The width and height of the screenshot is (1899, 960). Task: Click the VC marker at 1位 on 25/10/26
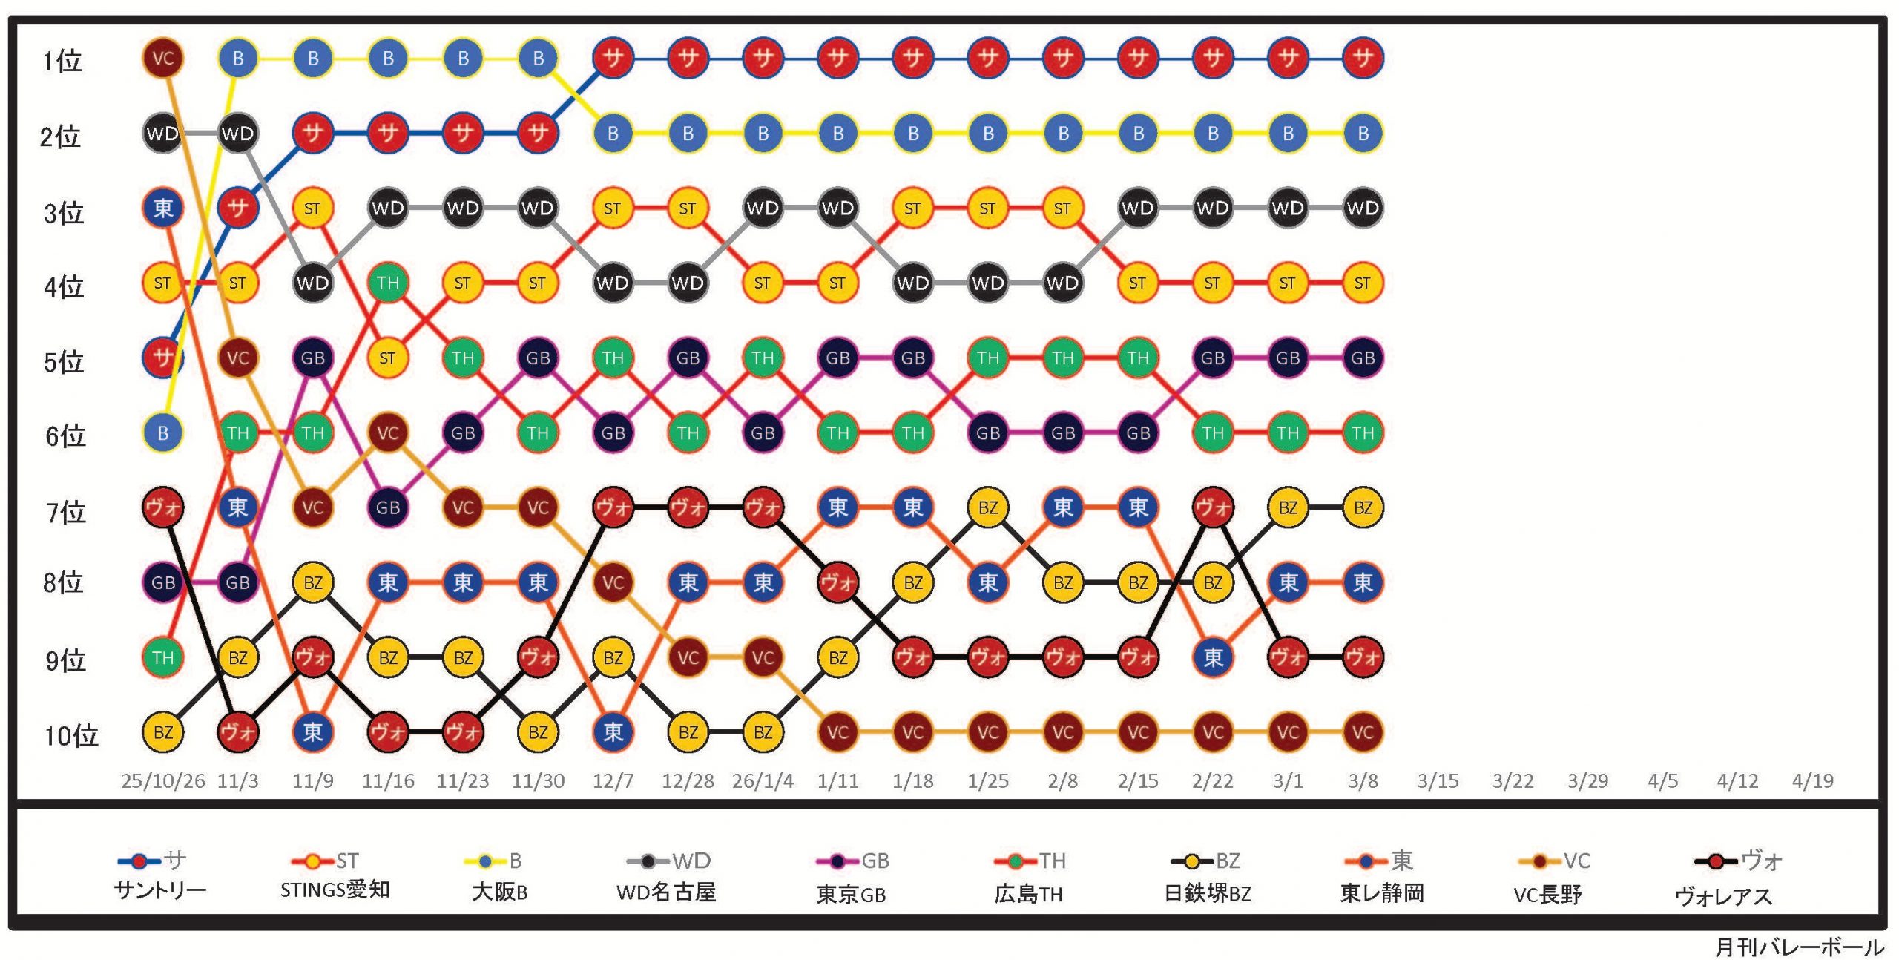[162, 58]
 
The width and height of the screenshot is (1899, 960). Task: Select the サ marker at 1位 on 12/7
[613, 58]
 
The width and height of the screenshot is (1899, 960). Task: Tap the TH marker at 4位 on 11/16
[388, 283]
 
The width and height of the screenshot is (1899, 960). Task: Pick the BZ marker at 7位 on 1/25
[988, 507]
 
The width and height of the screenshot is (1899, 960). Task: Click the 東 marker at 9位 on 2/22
[1213, 657]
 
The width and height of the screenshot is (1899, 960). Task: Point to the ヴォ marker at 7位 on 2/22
[1213, 507]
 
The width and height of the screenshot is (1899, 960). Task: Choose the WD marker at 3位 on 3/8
[1363, 208]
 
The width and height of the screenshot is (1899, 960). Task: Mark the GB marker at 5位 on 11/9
[313, 358]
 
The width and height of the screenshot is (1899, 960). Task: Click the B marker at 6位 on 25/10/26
[162, 433]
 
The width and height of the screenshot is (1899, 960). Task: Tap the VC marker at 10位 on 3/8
[1363, 732]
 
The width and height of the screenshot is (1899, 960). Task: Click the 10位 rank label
[71, 735]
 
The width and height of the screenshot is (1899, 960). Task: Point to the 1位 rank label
[62, 61]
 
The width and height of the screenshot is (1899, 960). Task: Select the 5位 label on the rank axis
[64, 362]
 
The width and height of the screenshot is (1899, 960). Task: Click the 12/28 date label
[688, 780]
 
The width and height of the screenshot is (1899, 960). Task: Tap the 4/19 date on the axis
[1812, 780]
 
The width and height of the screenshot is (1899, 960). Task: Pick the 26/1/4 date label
[763, 780]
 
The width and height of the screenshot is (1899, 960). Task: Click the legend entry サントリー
[160, 890]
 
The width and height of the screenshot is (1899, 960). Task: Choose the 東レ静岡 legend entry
[1382, 892]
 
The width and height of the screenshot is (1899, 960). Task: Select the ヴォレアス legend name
[1723, 895]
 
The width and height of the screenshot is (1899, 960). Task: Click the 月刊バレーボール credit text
[1800, 947]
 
